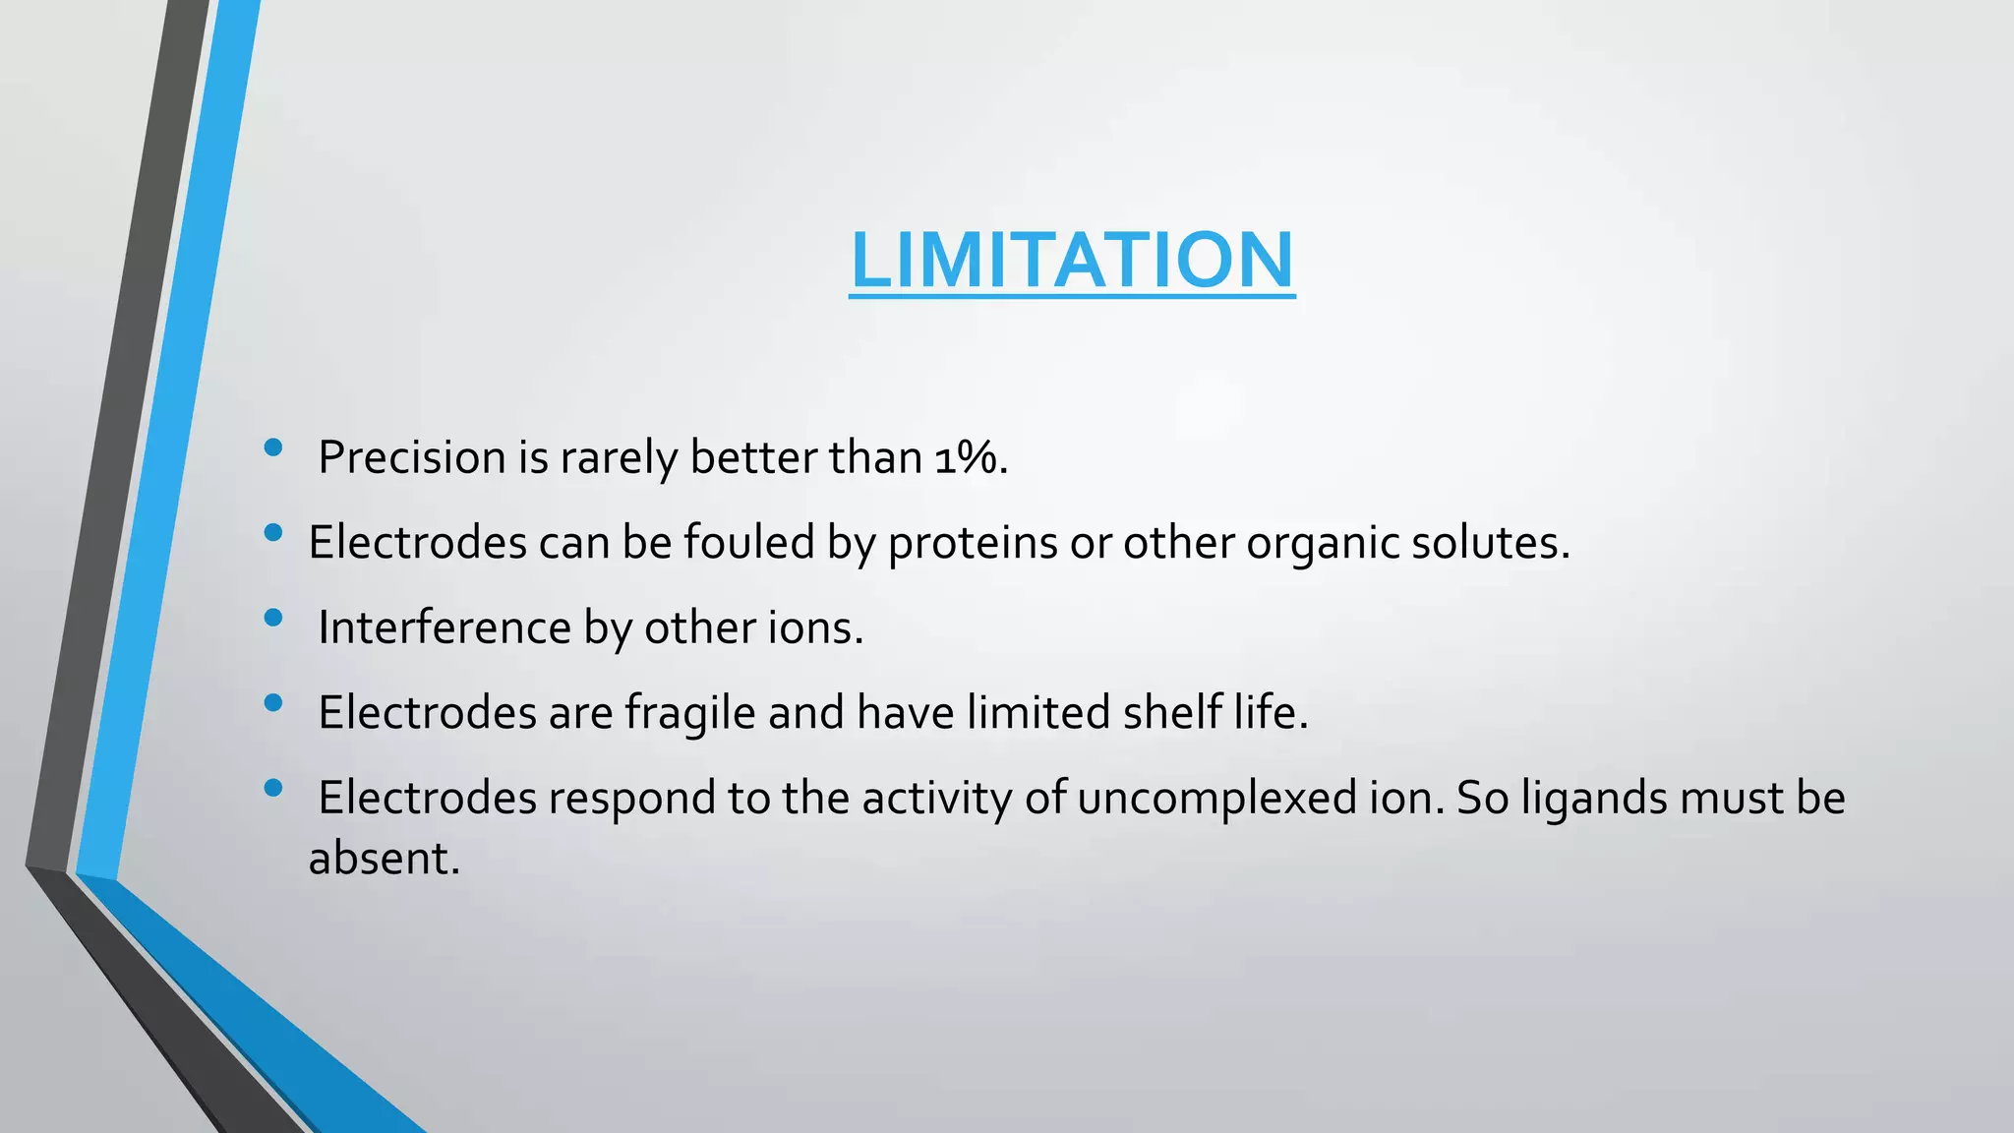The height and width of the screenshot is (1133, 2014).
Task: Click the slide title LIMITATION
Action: point(1072,260)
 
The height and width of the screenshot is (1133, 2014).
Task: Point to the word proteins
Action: point(973,543)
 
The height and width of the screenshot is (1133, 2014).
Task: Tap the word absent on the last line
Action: point(383,859)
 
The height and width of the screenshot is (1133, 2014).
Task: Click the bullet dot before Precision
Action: point(273,448)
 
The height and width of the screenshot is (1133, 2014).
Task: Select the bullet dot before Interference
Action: point(273,618)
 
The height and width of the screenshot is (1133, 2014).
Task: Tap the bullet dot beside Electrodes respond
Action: point(273,787)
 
